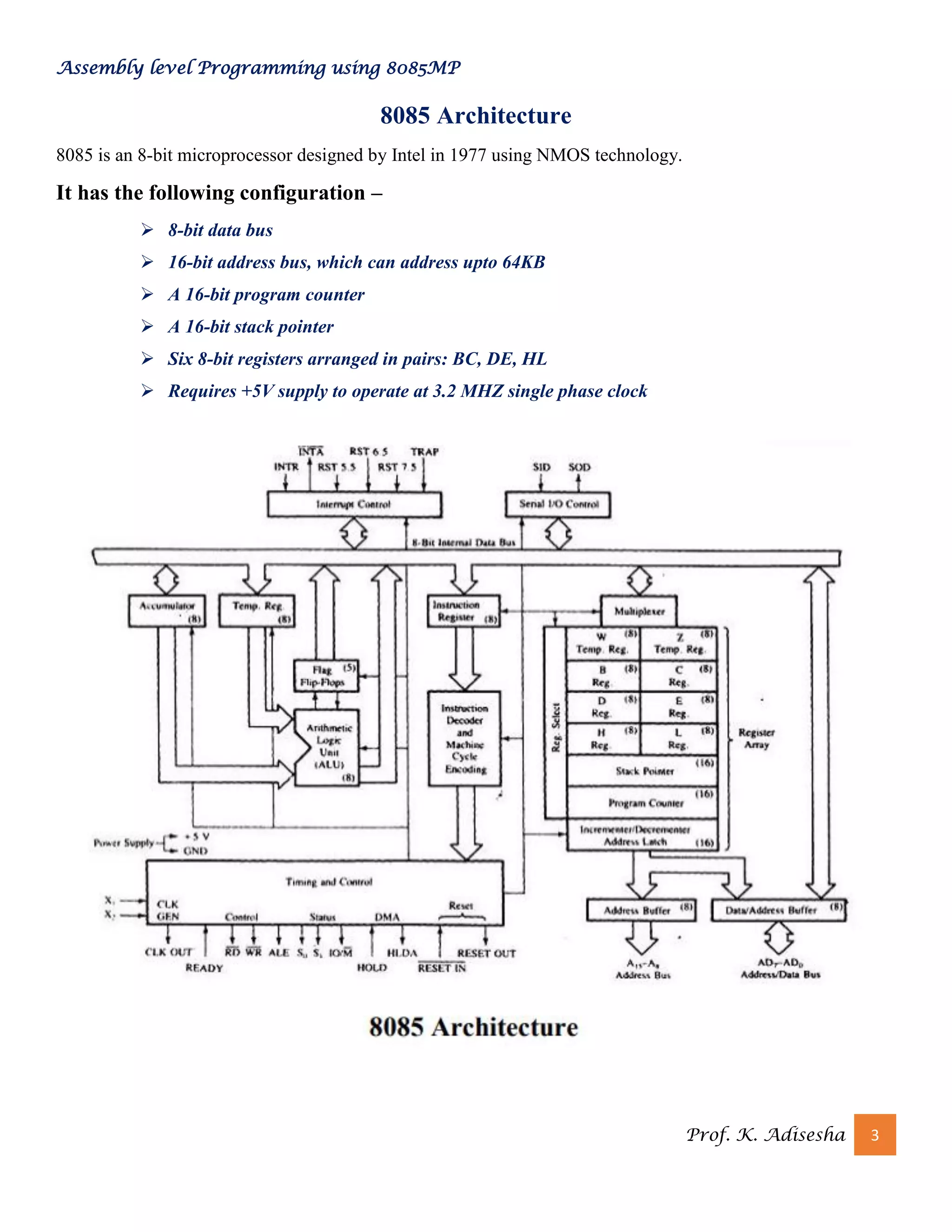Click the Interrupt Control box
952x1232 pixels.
point(354,504)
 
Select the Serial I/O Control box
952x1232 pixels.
point(558,504)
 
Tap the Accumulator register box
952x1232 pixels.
point(167,611)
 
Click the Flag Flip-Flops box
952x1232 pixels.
point(325,676)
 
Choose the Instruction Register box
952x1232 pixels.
point(463,611)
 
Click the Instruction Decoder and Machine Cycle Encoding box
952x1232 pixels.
point(465,738)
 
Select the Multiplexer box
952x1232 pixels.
point(639,611)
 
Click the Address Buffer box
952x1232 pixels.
point(641,910)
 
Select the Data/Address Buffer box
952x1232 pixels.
point(778,910)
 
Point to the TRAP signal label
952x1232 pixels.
point(424,452)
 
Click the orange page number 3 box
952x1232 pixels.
point(874,1134)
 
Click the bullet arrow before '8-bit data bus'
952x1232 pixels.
point(147,230)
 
